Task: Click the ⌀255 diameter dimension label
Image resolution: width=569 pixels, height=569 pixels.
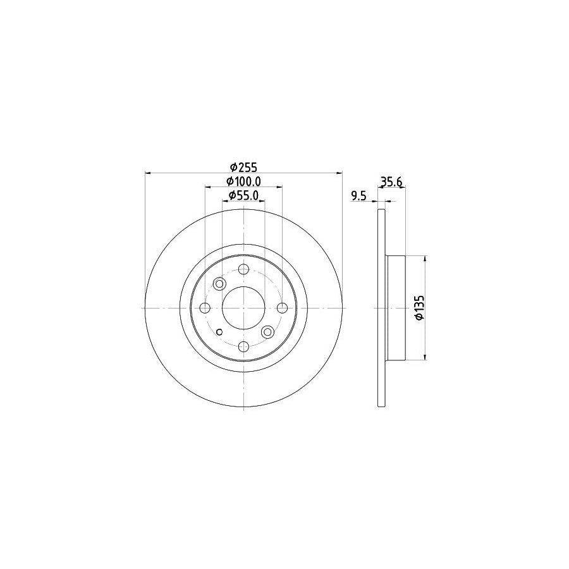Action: pyautogui.click(x=243, y=167)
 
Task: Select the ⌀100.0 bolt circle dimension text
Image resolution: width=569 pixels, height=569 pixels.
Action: pyautogui.click(x=243, y=181)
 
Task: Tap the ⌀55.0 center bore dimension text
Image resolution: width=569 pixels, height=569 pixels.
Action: pyautogui.click(x=243, y=195)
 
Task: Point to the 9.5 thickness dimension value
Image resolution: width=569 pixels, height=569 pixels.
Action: pyautogui.click(x=358, y=196)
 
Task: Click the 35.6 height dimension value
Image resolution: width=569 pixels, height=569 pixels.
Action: pyautogui.click(x=392, y=181)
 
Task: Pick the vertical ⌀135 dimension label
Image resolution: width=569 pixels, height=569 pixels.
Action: pyautogui.click(x=417, y=308)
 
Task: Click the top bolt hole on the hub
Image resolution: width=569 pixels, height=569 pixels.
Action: pyautogui.click(x=243, y=269)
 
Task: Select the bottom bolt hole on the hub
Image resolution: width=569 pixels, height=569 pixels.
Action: pyautogui.click(x=243, y=346)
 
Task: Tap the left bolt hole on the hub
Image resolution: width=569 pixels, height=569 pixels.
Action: pyautogui.click(x=205, y=308)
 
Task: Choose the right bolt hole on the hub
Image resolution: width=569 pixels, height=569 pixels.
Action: pyautogui.click(x=282, y=308)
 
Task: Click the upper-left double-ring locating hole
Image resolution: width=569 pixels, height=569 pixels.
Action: pyautogui.click(x=220, y=283)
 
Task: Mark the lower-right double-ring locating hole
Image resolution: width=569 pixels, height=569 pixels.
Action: pyautogui.click(x=267, y=331)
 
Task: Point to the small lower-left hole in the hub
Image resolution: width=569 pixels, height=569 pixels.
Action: pyautogui.click(x=219, y=333)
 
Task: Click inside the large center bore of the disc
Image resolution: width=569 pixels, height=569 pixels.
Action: pyautogui.click(x=243, y=308)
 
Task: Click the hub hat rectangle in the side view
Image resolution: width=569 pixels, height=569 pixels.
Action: pyautogui.click(x=395, y=308)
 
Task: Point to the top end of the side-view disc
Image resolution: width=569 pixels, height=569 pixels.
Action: pyautogui.click(x=381, y=211)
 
